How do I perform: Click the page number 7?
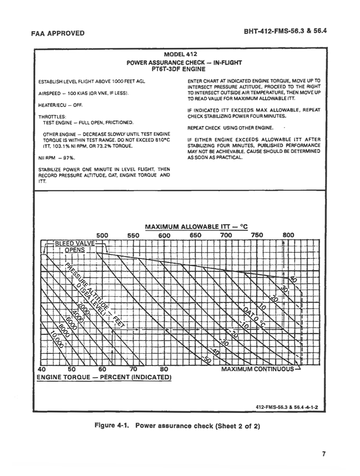coord(324,454)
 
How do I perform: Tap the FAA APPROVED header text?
coord(58,33)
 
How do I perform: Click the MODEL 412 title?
coord(181,54)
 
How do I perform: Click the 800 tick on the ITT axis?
coord(288,235)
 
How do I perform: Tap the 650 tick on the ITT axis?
coord(195,235)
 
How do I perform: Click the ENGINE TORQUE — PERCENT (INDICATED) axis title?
coord(104,377)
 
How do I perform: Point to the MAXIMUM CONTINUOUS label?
coord(258,369)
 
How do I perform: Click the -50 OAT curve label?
coord(208,359)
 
